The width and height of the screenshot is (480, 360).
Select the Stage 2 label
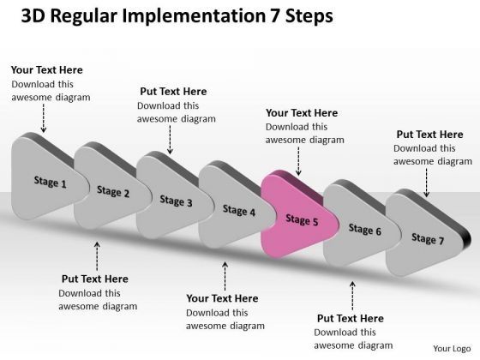(113, 192)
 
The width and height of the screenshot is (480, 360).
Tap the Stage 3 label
(176, 201)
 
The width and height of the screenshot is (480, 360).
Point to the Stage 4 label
(239, 211)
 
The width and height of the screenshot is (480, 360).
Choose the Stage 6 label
(365, 230)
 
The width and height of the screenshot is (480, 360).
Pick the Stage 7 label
(428, 239)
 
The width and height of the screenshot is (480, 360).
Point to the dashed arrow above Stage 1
(43, 118)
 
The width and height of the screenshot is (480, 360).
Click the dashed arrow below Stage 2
(96, 255)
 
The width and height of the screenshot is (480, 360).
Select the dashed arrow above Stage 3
(171, 140)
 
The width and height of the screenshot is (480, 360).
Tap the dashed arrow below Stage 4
(225, 276)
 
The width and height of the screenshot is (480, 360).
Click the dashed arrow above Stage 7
(426, 181)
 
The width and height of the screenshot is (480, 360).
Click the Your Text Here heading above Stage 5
(302, 112)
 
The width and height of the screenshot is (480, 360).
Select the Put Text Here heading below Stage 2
(94, 279)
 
